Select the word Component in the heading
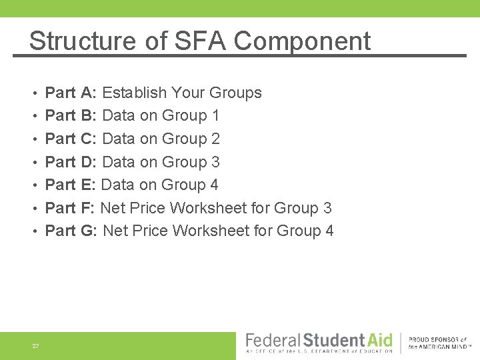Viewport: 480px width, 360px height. point(302,41)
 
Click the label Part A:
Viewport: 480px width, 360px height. point(71,93)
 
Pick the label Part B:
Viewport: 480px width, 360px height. point(71,115)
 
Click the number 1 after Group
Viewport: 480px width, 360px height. point(215,115)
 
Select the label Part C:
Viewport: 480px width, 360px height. point(71,139)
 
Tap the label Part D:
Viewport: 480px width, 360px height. point(71,162)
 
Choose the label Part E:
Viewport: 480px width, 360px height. point(71,185)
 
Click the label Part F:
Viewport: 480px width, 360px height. point(70,208)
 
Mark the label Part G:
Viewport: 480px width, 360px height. point(72,231)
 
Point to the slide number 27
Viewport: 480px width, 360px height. point(35,346)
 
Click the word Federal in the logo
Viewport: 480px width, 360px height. point(274,340)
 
